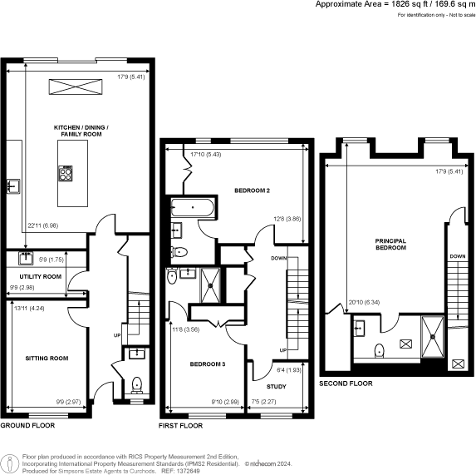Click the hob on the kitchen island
click(66, 173)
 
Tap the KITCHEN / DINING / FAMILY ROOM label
click(82, 130)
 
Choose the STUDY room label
click(276, 387)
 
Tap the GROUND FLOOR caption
click(27, 425)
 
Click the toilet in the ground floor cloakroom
click(137, 384)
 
